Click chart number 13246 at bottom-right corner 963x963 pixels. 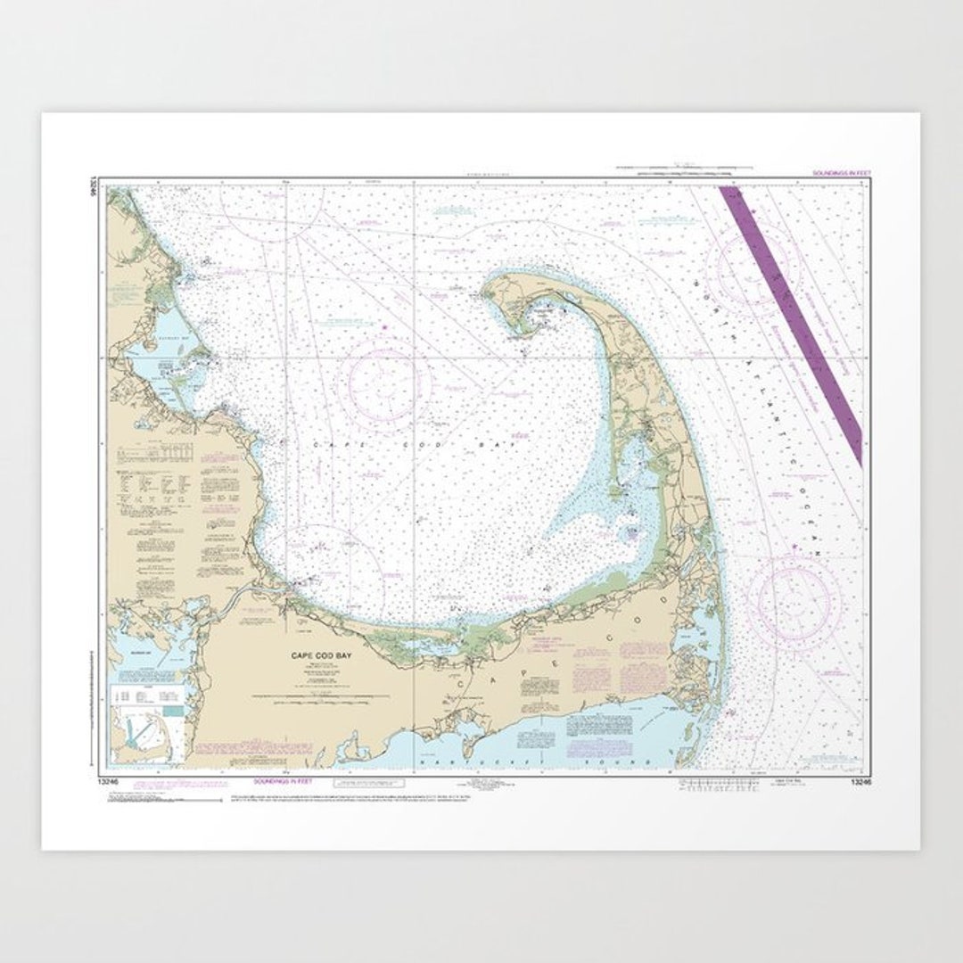coord(852,781)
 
